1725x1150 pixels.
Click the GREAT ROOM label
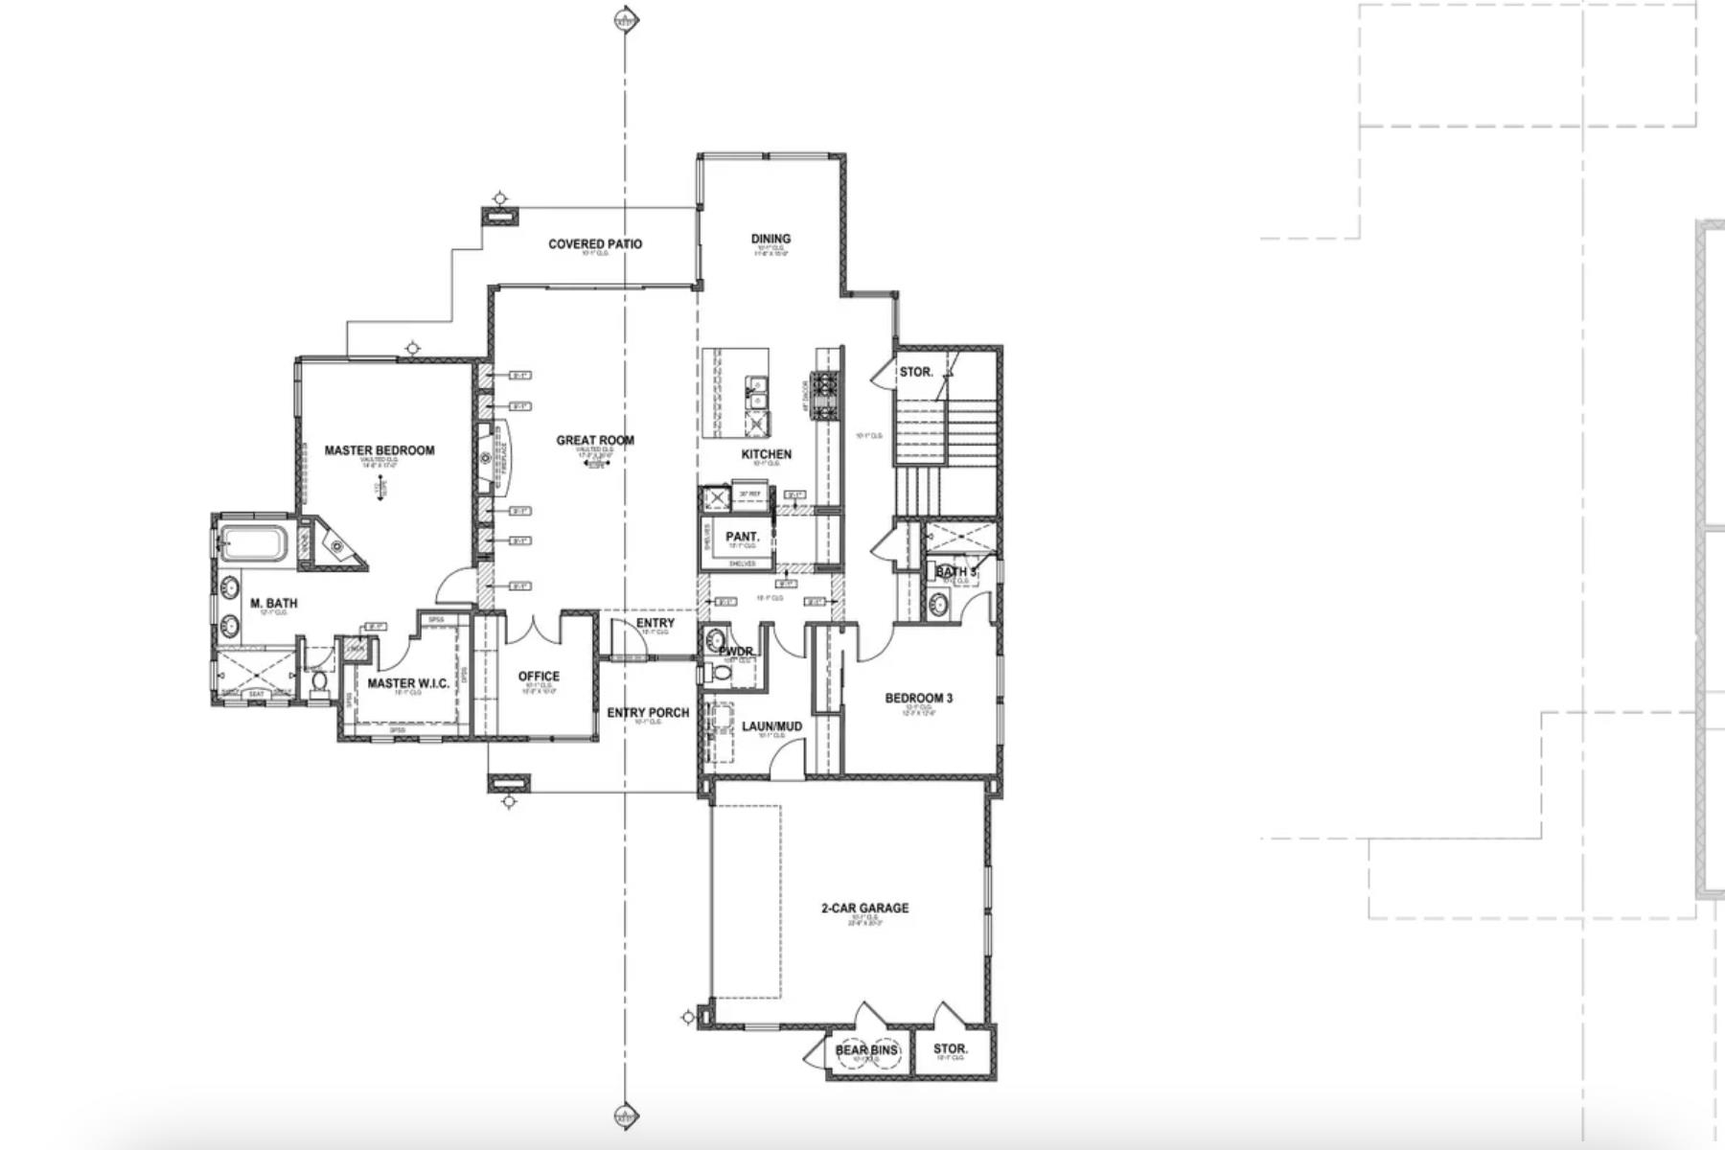coord(595,441)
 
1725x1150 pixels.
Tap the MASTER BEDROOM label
coord(379,450)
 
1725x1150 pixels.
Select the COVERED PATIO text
coord(595,244)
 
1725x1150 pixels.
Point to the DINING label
coord(770,239)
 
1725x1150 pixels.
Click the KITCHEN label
coord(767,454)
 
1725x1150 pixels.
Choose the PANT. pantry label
coord(742,537)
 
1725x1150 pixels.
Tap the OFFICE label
coord(539,677)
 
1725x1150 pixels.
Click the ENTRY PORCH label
coord(648,713)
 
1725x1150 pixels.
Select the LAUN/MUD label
coord(771,726)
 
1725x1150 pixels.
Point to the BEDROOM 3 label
coord(918,699)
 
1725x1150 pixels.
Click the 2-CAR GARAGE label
coord(864,908)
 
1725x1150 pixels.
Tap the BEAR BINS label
coord(866,1050)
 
